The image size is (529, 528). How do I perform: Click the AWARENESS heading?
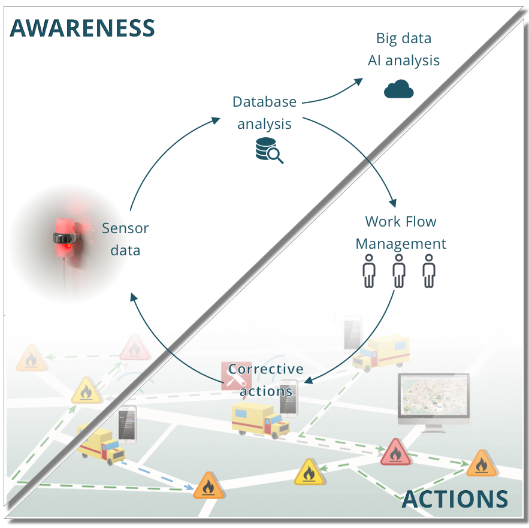(83, 28)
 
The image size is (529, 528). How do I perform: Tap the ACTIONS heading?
(455, 499)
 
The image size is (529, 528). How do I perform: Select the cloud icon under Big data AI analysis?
(398, 90)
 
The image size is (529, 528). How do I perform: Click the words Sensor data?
(125, 239)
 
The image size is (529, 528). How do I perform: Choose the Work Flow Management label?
(401, 233)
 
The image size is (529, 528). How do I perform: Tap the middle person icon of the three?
(398, 271)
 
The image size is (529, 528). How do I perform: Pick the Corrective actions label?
(265, 380)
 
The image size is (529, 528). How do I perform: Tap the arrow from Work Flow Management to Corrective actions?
(365, 348)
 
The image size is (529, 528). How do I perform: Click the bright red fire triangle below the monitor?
(395, 452)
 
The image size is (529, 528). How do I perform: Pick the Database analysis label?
(264, 113)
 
